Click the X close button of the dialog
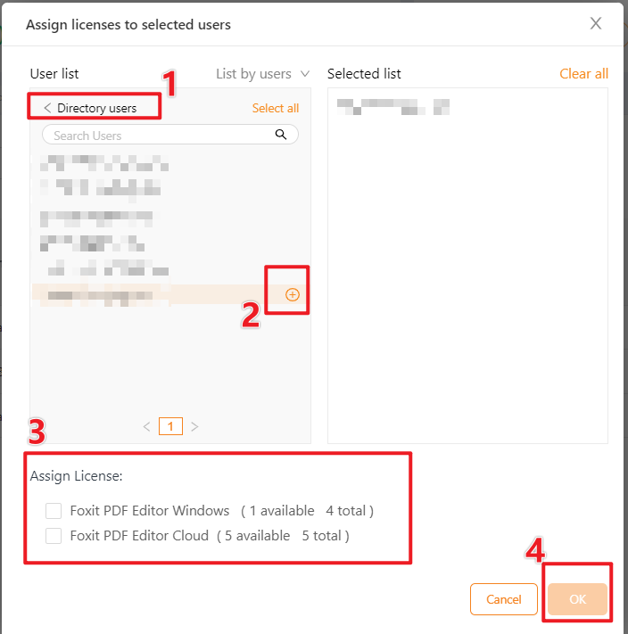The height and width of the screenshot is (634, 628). [x=596, y=23]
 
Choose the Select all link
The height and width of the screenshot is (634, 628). [x=275, y=108]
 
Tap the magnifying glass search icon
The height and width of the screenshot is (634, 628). [x=281, y=135]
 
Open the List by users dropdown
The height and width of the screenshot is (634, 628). [x=262, y=74]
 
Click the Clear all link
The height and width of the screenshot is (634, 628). [x=583, y=74]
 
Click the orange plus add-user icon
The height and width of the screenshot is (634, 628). [x=292, y=294]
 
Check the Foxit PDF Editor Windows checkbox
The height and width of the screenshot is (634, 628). [x=54, y=511]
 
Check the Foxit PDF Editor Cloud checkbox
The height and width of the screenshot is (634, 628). [x=54, y=536]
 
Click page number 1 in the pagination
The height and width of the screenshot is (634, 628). [x=170, y=426]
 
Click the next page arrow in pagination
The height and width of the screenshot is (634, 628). [x=194, y=426]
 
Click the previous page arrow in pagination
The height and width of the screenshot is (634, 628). [x=147, y=426]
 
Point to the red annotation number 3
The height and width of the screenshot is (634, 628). [x=36, y=432]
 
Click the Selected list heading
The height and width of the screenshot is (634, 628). [x=364, y=74]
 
